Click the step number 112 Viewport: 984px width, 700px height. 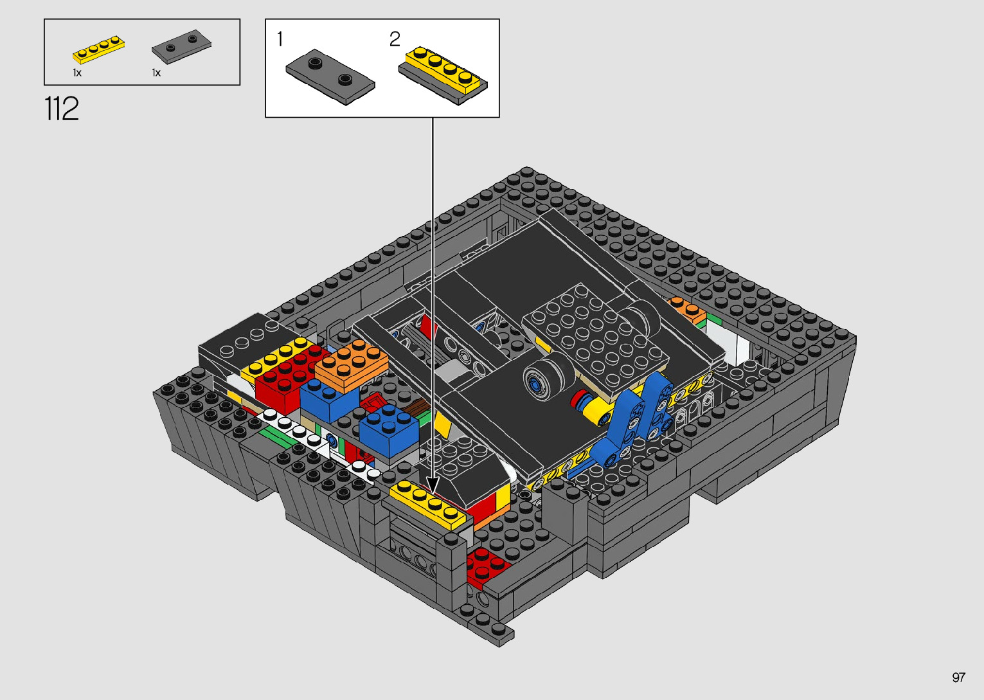tap(62, 109)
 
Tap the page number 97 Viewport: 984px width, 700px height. tap(958, 678)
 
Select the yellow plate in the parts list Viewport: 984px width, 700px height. tap(98, 49)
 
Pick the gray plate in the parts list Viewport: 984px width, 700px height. tap(181, 46)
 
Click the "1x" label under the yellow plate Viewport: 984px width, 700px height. tap(77, 73)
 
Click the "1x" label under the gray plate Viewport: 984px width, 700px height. tap(156, 73)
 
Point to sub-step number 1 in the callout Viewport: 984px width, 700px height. tap(280, 39)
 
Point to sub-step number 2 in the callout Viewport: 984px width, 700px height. tap(395, 39)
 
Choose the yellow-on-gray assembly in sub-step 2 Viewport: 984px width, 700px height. tap(443, 75)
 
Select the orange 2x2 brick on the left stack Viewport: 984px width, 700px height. tap(351, 364)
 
